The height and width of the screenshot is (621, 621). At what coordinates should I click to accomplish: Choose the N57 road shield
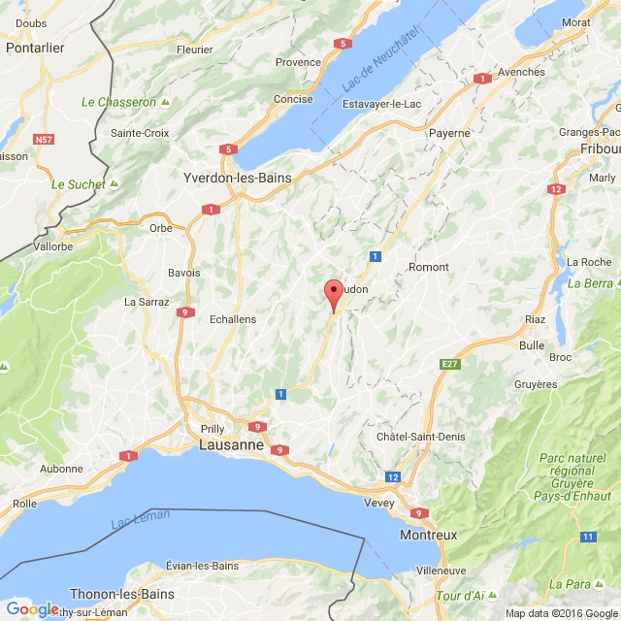44,140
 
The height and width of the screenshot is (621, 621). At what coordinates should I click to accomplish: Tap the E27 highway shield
449,364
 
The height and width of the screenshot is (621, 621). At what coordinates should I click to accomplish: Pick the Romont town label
429,267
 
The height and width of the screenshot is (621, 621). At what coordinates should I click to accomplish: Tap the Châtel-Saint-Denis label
419,438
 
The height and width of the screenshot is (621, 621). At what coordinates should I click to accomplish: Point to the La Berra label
591,283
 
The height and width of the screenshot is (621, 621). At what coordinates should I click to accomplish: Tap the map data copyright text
561,613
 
